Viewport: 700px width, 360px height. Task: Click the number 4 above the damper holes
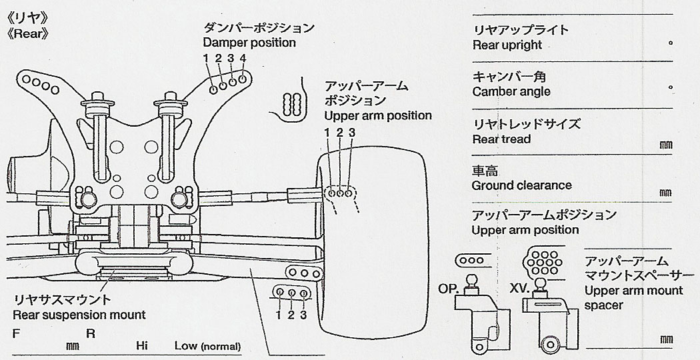[x=243, y=59]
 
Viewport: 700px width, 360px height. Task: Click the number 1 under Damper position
[x=207, y=59]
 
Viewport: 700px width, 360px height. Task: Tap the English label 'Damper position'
[x=249, y=43]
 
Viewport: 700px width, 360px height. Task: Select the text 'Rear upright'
[x=507, y=45]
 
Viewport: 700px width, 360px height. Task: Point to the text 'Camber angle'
[x=511, y=91]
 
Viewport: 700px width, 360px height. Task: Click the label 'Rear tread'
[x=501, y=139]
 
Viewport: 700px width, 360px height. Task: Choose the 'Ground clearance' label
[x=521, y=185]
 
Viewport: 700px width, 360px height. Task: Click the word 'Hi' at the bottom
[x=141, y=346]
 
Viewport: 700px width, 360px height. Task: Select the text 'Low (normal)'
[x=207, y=346]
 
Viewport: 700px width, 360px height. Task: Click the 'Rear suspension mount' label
[x=79, y=315]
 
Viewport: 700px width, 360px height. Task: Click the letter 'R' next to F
[x=90, y=333]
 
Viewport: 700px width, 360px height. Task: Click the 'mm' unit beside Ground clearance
[x=664, y=192]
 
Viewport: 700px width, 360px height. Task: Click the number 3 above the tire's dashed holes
[x=353, y=133]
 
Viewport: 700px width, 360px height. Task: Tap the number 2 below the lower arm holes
[x=291, y=315]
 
